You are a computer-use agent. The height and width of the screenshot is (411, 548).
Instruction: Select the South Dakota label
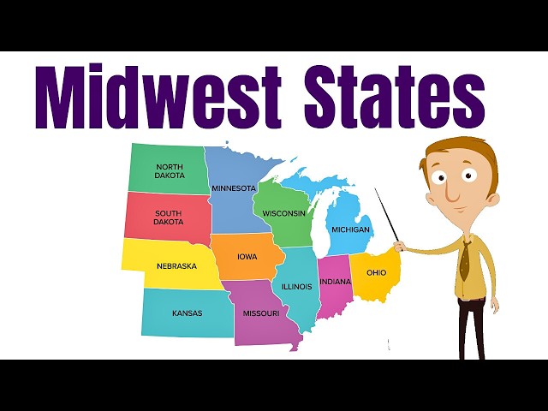click(168, 217)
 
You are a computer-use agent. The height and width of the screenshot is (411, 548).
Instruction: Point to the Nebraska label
click(176, 265)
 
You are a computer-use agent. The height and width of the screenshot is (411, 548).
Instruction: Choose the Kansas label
click(187, 313)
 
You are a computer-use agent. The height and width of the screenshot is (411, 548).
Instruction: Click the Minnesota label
click(234, 188)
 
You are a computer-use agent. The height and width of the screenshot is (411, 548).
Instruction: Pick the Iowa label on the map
click(247, 256)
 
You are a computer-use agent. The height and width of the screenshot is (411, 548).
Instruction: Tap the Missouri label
click(261, 313)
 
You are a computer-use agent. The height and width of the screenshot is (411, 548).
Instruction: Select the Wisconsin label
click(284, 213)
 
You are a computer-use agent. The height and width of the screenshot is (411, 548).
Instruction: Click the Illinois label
click(296, 286)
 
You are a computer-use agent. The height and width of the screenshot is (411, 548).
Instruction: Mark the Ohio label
click(376, 272)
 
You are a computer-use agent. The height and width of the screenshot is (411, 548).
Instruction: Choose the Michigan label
click(352, 229)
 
